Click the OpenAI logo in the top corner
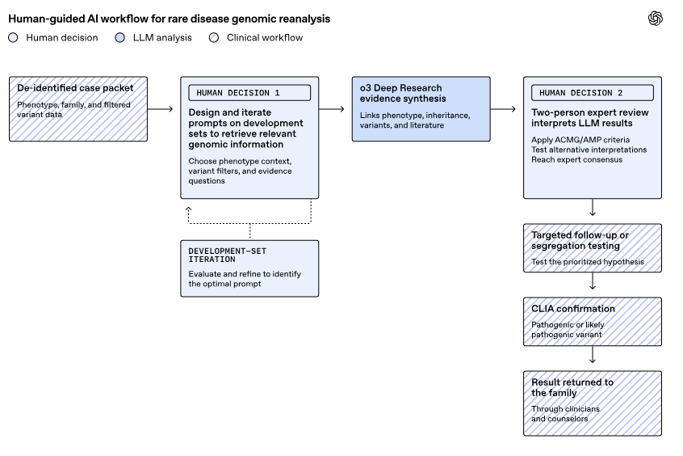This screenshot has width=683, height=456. point(655,19)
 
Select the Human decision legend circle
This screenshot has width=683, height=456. point(13,37)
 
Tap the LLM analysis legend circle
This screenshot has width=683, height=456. point(119,37)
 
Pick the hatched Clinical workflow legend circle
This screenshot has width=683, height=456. point(214,37)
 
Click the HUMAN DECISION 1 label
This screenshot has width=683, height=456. point(238,93)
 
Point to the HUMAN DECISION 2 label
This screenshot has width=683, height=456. point(580,93)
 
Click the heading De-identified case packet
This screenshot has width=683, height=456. point(75,87)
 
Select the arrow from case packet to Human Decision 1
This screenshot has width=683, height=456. point(161,108)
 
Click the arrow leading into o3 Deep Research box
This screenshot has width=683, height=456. point(332,108)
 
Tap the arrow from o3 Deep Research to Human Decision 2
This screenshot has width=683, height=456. point(503,108)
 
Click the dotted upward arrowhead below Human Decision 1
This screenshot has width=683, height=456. point(189,209)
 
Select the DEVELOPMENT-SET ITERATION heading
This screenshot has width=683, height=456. point(228,255)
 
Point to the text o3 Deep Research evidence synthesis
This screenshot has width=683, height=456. point(403,93)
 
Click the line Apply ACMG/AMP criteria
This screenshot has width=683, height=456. point(580,140)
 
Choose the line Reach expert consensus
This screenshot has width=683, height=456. point(576,160)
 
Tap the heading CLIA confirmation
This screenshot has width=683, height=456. point(572,309)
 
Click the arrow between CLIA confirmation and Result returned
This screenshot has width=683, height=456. point(593,355)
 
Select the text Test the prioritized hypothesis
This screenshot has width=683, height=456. point(587,262)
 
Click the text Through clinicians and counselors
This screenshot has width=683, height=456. point(565,414)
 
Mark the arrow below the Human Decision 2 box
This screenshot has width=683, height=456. point(593,208)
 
